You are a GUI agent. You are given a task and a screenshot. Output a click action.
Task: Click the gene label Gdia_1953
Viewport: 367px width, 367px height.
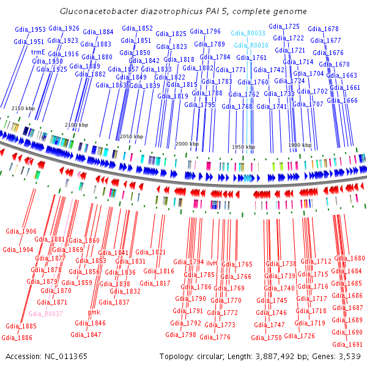[30, 29]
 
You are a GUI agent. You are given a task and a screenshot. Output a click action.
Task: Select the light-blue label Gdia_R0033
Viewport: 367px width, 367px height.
[248, 33]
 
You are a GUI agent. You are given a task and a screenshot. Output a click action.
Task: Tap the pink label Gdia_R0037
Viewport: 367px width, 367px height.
[45, 314]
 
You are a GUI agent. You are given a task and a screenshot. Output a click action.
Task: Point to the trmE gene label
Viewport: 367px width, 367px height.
[39, 53]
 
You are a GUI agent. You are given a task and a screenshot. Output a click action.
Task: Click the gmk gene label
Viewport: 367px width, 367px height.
[94, 312]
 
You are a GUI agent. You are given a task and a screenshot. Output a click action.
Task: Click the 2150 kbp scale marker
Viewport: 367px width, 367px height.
[23, 108]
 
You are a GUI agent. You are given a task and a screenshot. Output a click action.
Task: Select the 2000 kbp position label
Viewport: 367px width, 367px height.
[187, 144]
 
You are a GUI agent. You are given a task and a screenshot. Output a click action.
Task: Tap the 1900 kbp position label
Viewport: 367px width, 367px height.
[300, 145]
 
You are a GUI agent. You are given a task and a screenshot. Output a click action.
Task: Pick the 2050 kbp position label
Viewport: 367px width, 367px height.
[131, 136]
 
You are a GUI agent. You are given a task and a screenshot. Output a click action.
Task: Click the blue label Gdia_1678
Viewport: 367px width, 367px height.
[323, 29]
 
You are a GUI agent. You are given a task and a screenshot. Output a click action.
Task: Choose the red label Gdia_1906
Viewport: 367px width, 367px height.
[21, 231]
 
